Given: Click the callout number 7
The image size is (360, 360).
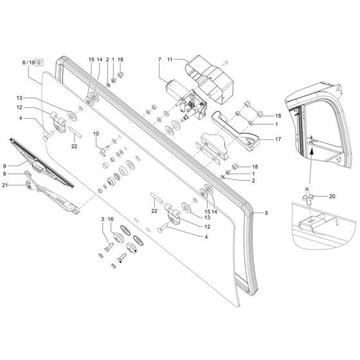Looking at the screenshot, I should [x=159, y=60].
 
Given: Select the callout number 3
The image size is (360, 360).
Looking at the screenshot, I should [x=102, y=220].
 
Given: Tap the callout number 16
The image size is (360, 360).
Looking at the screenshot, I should [x=111, y=220].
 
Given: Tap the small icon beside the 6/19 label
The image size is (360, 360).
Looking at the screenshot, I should [x=39, y=62].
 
